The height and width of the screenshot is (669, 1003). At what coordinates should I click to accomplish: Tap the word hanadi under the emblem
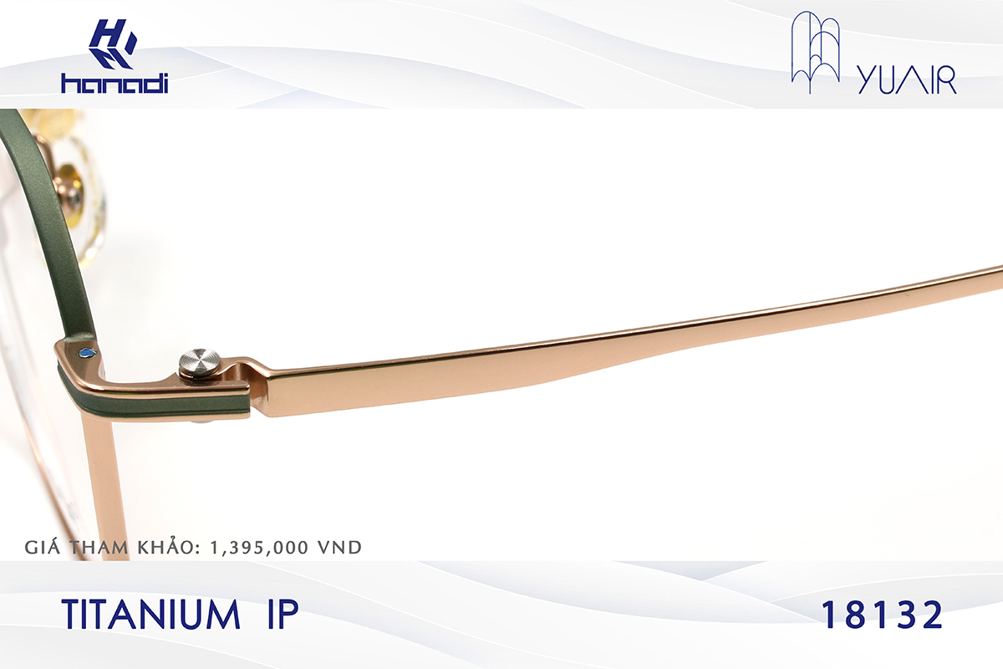click(x=115, y=83)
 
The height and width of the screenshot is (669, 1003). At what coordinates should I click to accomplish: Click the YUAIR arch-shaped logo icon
click(x=815, y=48)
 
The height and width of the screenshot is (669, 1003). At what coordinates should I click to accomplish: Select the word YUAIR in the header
click(x=907, y=81)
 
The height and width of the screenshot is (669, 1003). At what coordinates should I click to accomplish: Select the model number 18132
click(x=882, y=615)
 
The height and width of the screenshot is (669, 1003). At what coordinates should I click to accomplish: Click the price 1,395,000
click(x=264, y=548)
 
